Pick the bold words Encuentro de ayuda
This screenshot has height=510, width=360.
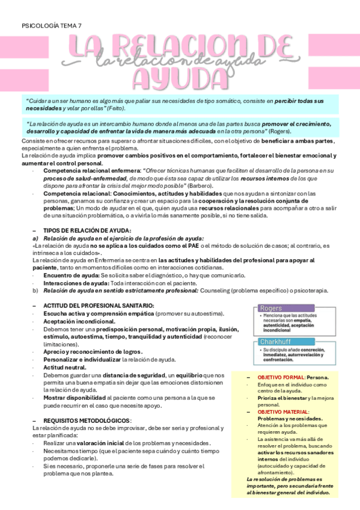(71, 275)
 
